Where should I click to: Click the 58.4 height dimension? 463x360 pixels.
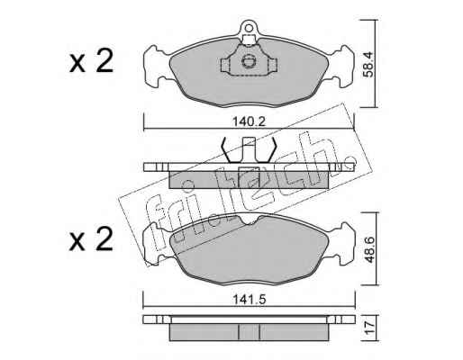368,64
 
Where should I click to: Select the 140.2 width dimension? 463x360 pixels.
249,121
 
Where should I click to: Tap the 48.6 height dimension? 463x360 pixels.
368,249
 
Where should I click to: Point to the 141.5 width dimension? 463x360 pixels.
249,299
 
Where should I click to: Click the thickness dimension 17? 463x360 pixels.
369,328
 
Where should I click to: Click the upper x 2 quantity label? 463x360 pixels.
91,61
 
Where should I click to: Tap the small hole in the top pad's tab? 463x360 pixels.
249,28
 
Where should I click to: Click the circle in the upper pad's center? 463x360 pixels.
249,61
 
